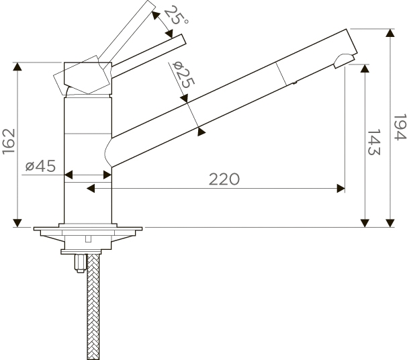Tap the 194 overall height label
click(x=400, y=127)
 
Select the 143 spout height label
click(x=374, y=142)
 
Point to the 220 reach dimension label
click(x=224, y=179)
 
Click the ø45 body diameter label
click(x=40, y=166)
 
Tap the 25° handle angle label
click(x=175, y=16)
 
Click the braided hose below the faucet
click(x=93, y=307)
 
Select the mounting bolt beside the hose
click(x=81, y=263)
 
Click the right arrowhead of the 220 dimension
click(x=340, y=188)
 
